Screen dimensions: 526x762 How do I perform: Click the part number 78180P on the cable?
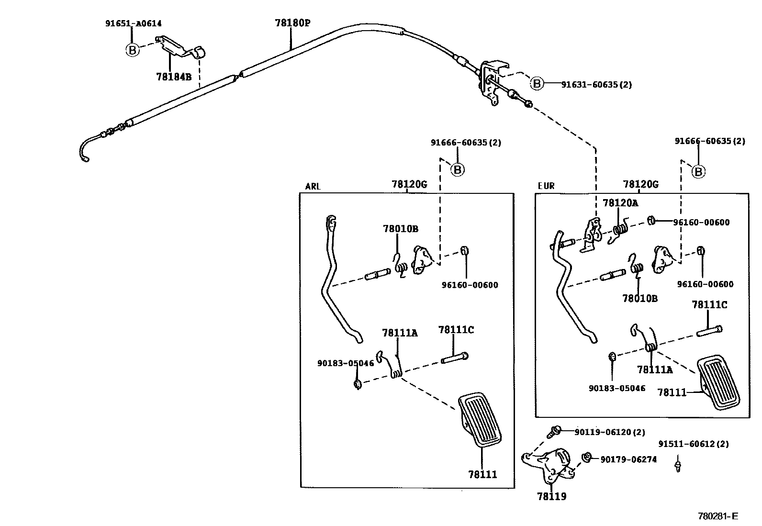point(292,22)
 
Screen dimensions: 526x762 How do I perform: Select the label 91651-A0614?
point(134,23)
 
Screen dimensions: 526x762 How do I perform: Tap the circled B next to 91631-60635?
point(537,84)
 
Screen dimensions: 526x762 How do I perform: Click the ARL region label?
point(313,187)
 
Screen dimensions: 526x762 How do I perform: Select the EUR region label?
point(546,186)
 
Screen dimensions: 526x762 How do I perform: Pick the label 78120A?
point(620,203)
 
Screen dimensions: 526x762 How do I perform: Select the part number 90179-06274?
point(628,459)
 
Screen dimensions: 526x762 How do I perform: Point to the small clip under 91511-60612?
point(678,465)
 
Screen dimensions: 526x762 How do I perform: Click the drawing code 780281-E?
point(718,516)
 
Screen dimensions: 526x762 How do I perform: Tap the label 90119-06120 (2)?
point(609,432)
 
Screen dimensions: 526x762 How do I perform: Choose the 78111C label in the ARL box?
point(456,330)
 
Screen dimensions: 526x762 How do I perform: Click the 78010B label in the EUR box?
point(639,299)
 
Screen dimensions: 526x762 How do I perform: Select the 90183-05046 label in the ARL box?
point(345,363)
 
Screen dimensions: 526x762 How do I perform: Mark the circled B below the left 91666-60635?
point(458,169)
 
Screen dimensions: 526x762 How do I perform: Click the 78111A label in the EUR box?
point(654,369)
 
